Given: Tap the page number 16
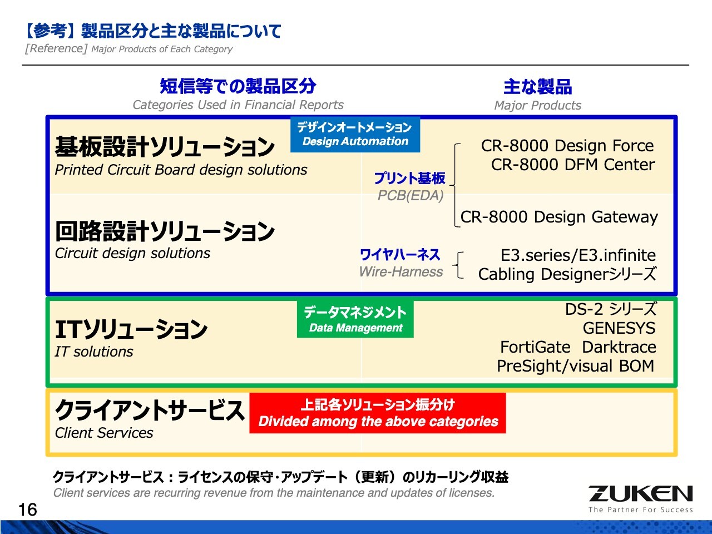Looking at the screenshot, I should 27,510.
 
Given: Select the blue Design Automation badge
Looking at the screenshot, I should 355,135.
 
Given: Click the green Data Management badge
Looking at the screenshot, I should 355,319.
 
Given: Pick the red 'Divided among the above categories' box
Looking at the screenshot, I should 378,413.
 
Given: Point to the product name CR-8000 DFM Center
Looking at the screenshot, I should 572,165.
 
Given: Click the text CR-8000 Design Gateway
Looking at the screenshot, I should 559,217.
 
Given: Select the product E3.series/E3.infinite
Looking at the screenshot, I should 578,255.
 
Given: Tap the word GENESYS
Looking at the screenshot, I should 619,328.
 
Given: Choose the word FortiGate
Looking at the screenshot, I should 535,347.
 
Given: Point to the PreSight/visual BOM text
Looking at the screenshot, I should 575,366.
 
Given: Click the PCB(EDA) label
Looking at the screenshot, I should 411,196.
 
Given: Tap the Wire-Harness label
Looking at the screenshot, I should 401,272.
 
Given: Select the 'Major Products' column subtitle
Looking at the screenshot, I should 537,106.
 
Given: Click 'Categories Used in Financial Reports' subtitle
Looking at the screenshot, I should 238,105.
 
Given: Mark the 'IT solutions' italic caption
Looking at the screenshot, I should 94,352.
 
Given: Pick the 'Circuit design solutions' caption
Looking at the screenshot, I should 132,253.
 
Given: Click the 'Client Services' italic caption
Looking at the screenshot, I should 104,433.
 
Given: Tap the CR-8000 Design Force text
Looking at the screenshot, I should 567,146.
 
